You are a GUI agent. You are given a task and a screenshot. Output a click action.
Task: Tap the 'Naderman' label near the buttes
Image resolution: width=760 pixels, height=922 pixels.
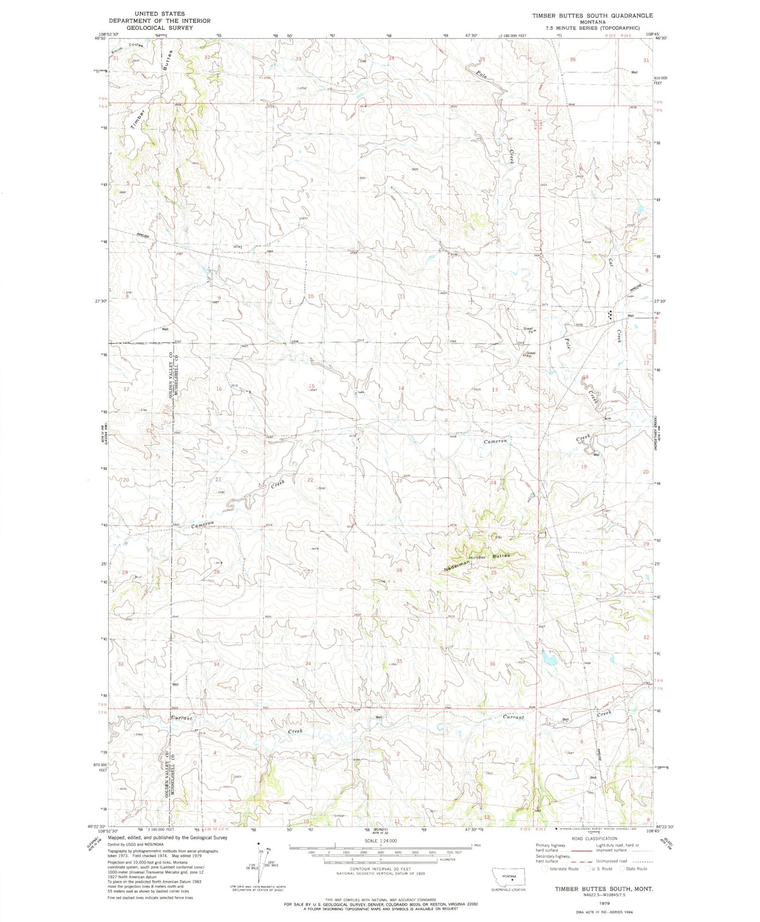tap(457, 566)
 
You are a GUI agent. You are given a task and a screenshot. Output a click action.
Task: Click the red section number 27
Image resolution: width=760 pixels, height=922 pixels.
tap(310, 572)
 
